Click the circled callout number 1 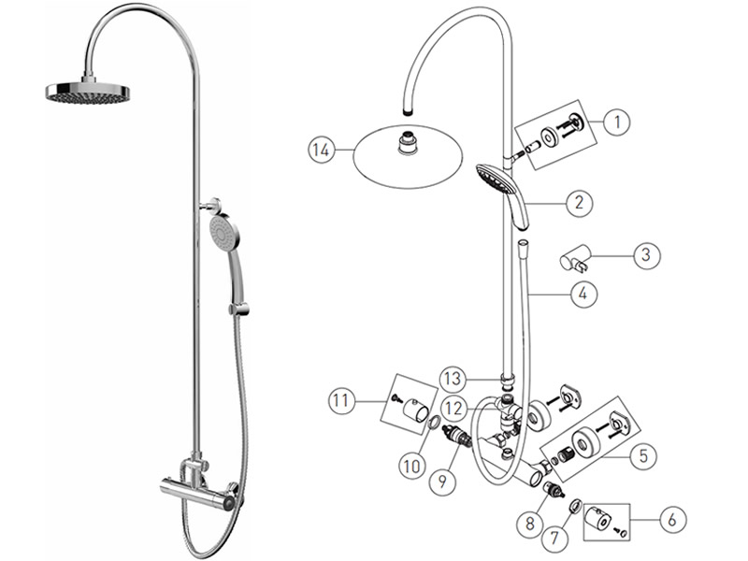click(x=617, y=122)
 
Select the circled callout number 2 click(x=579, y=203)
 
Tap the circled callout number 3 click(x=646, y=254)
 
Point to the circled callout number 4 click(x=583, y=294)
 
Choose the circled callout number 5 click(x=643, y=456)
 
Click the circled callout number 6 click(x=672, y=520)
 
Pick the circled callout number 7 click(x=554, y=539)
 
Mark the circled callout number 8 click(x=530, y=524)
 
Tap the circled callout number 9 click(x=442, y=481)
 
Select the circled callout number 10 click(x=412, y=466)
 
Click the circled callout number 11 click(x=341, y=401)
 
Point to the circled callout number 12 click(x=453, y=409)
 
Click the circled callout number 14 click(x=321, y=151)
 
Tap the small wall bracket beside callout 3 click(x=574, y=257)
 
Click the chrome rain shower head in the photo click(x=88, y=90)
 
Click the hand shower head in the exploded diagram click(x=503, y=194)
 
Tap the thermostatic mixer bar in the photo click(x=198, y=493)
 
